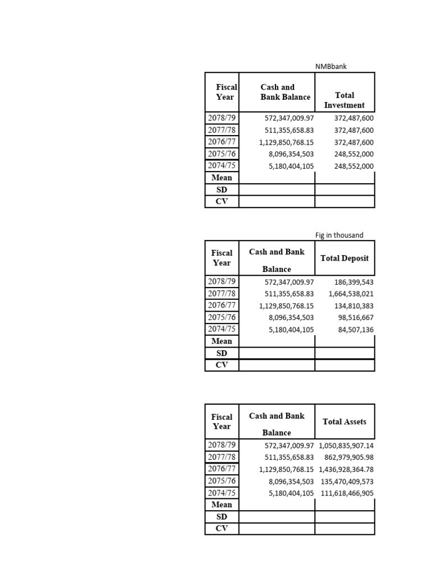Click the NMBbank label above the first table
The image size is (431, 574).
click(331, 66)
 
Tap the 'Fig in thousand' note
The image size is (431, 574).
click(339, 235)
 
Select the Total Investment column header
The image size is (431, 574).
click(344, 100)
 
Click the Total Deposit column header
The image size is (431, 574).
click(345, 258)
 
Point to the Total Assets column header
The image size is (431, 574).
click(345, 422)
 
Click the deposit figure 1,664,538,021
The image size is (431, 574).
click(351, 294)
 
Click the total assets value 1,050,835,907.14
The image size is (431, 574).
click(346, 446)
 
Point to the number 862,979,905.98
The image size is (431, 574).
click(349, 457)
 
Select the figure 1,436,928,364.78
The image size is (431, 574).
click(346, 469)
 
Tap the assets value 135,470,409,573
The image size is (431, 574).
click(347, 481)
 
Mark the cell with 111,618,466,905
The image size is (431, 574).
click(347, 493)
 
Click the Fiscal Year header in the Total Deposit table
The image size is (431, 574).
click(222, 258)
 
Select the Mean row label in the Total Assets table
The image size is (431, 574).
click(222, 504)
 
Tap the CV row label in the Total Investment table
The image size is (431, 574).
click(222, 201)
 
